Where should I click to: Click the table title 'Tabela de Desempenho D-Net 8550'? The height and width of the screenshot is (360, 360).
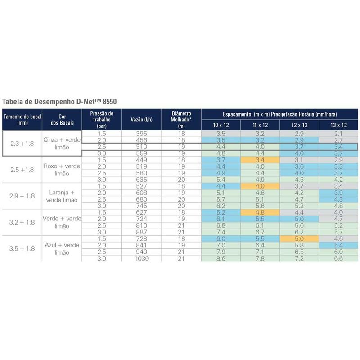(x=59, y=102)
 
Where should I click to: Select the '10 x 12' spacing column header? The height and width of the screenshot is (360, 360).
(x=221, y=125)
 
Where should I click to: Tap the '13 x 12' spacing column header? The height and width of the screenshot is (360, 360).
(x=338, y=125)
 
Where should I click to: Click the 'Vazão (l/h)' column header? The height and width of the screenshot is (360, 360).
(x=141, y=119)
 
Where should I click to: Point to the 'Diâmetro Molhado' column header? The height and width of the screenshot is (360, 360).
(x=181, y=119)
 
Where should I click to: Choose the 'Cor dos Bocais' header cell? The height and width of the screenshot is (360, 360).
(x=62, y=119)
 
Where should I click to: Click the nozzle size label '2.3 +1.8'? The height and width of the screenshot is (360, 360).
(x=22, y=144)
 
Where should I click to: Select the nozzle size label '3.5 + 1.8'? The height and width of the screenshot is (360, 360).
(x=22, y=248)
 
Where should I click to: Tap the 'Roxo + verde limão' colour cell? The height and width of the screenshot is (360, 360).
(x=62, y=170)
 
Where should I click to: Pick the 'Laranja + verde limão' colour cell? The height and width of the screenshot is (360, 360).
(x=62, y=196)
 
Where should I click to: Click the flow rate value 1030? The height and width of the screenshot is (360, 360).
(x=141, y=258)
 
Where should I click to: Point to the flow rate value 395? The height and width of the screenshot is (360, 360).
(x=141, y=134)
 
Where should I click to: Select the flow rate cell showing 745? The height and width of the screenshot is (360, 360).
(x=141, y=206)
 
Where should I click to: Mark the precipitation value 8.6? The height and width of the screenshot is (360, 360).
(x=221, y=258)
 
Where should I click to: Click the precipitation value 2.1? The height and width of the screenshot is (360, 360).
(x=338, y=134)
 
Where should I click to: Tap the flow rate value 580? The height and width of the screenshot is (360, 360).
(x=141, y=173)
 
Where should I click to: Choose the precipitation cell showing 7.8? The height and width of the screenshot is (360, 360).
(x=260, y=258)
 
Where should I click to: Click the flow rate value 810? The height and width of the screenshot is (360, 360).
(x=141, y=225)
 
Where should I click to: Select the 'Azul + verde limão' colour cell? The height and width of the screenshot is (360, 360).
(x=62, y=248)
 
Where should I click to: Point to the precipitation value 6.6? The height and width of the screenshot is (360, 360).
(x=338, y=258)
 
